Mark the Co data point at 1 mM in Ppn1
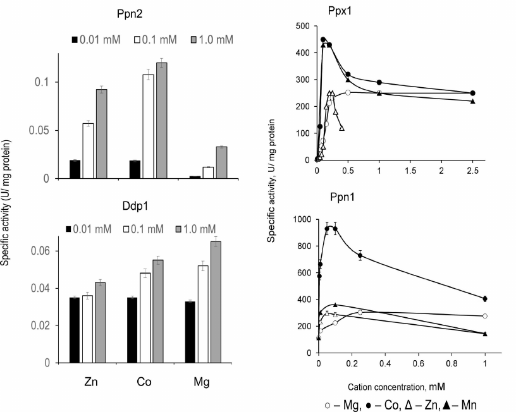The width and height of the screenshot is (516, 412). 485,298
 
